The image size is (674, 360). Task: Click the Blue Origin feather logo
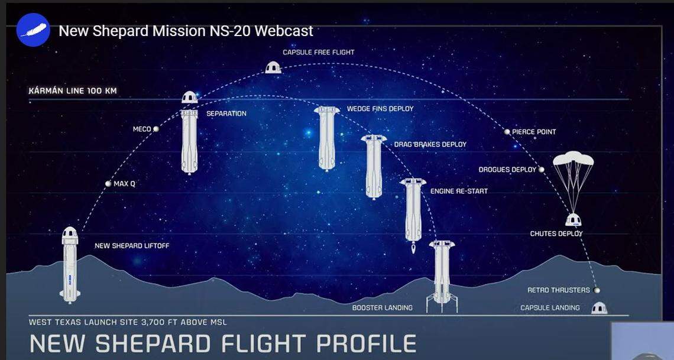(33, 30)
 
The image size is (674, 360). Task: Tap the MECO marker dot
(156, 129)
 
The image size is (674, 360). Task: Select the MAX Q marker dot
(108, 184)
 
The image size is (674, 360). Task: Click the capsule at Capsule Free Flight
(273, 67)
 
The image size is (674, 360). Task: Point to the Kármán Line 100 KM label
(72, 92)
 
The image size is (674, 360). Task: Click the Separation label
(226, 113)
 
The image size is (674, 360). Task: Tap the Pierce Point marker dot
(507, 132)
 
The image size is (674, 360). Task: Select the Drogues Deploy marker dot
(541, 170)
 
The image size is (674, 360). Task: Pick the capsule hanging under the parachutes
(573, 220)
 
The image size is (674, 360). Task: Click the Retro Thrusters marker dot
(597, 290)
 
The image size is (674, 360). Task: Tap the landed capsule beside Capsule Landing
(599, 308)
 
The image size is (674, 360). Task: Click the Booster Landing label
(383, 308)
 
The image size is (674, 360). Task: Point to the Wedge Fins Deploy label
(380, 109)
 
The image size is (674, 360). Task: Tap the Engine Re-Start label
(459, 192)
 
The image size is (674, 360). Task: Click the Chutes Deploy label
(556, 233)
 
